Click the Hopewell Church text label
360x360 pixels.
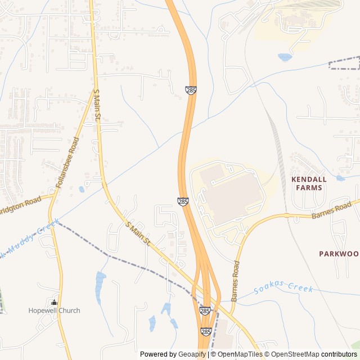(x=54, y=310)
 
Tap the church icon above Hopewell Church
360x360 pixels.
(x=54, y=302)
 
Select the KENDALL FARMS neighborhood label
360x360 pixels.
(x=309, y=183)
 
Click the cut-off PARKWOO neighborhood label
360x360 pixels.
(x=338, y=254)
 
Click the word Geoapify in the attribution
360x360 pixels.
(x=191, y=354)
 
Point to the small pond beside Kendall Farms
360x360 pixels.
(x=340, y=178)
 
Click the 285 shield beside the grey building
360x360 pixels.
(x=183, y=201)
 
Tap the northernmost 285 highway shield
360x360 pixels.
(x=191, y=90)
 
